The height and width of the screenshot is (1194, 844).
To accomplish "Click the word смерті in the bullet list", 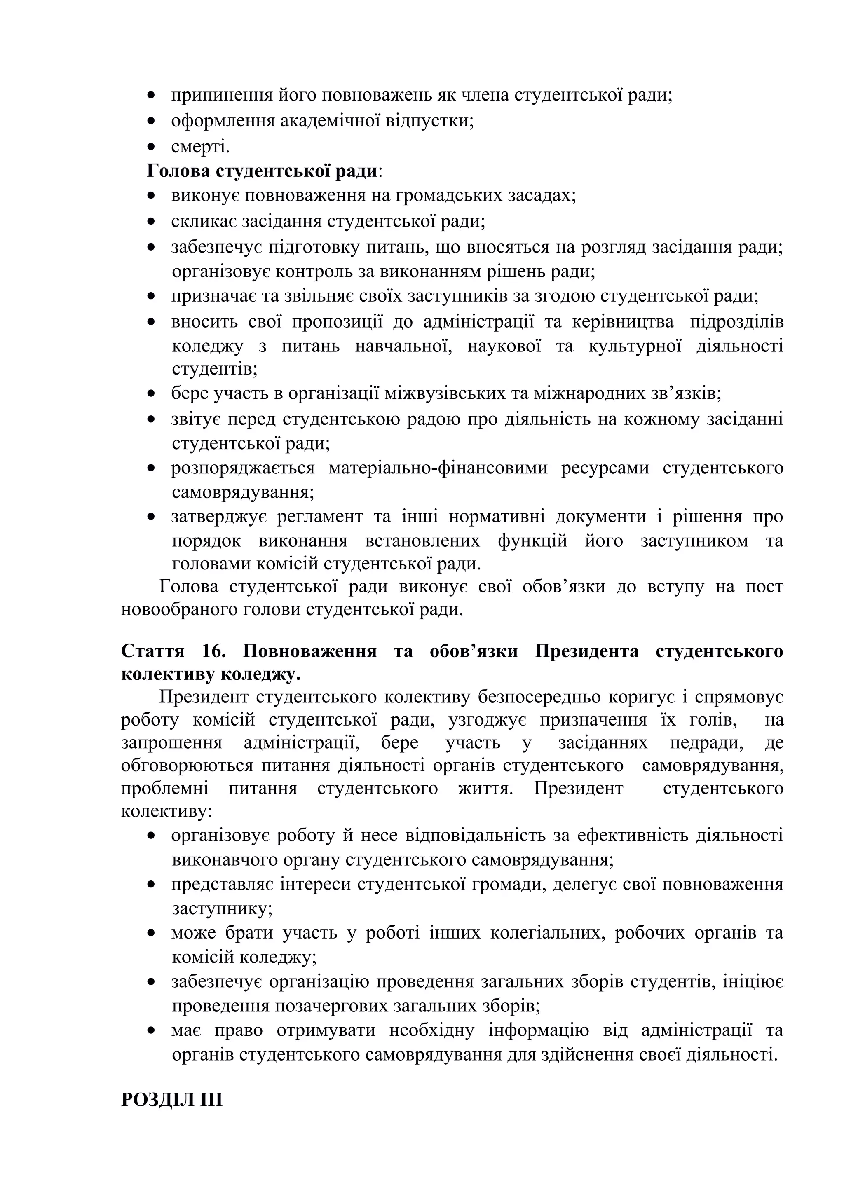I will point(200,147).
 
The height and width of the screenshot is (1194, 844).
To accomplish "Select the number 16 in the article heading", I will point(213,651).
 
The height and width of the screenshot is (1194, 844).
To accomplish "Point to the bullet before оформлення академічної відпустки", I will point(151,122).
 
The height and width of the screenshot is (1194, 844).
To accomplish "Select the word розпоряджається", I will point(243,468).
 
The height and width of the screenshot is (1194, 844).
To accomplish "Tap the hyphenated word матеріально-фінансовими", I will point(438,468).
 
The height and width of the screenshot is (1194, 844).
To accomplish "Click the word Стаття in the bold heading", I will point(152,651).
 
